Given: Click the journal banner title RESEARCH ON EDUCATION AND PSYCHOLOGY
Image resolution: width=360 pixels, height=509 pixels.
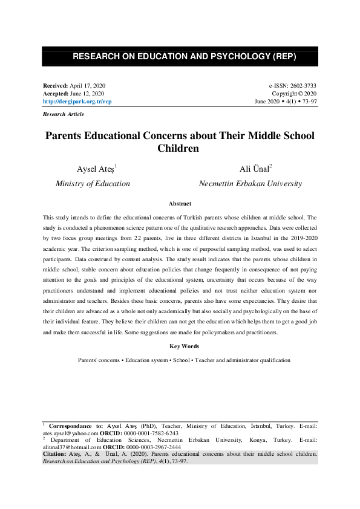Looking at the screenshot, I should pos(180,57).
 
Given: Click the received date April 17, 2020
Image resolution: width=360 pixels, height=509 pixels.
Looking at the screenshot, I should pos(89,87).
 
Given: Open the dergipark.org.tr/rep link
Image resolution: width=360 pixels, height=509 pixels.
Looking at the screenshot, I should pos(77,102).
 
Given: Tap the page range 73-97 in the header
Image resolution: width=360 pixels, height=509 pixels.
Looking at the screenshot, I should pos(307,102).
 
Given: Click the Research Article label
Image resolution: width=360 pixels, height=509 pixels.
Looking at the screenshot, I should pos(64,114).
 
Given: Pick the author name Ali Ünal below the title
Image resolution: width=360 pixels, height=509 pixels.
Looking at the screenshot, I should pos(257,169).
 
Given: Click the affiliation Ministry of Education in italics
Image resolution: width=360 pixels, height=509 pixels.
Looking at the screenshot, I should pos(93,183).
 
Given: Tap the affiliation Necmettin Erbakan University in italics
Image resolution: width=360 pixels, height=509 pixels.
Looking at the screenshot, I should pos(250,183).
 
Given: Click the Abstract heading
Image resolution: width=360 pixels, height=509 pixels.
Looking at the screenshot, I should pos(180,204).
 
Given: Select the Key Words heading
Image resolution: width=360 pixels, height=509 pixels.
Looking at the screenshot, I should pos(180,346).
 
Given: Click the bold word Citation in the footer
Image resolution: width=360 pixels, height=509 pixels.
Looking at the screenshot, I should pos(55,453).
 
